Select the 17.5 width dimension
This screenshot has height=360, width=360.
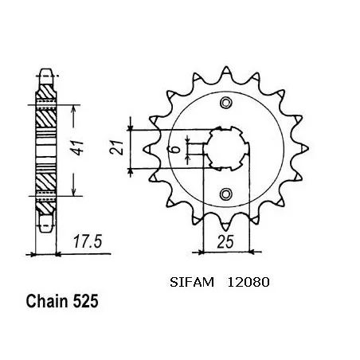point(88,242)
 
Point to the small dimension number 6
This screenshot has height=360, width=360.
point(176,149)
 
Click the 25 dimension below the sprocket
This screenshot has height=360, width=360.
point(225,241)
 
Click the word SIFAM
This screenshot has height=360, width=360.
point(192,282)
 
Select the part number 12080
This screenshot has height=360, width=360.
point(248,282)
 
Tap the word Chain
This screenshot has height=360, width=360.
point(47,302)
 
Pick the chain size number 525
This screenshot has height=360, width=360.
point(85,302)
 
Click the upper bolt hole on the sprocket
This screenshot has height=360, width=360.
point(225,103)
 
